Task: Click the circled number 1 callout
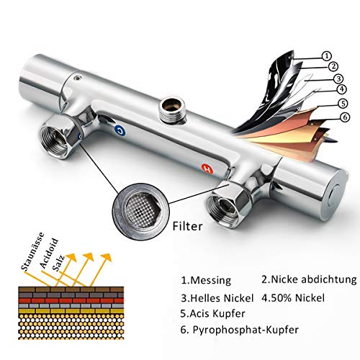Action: click(326, 56)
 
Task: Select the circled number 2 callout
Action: click(333, 66)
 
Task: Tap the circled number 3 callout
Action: click(338, 78)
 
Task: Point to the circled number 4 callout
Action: click(342, 89)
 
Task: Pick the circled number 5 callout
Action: click(343, 104)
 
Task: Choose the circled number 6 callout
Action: click(345, 117)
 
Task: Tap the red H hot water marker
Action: click(207, 169)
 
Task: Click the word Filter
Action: click(187, 226)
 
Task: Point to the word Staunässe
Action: click(33, 251)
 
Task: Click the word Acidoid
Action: click(49, 253)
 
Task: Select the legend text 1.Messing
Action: click(206, 280)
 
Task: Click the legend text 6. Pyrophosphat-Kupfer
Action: click(240, 330)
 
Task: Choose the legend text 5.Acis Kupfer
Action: click(212, 314)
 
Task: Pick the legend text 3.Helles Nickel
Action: click(217, 298)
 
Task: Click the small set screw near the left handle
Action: click(77, 78)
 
